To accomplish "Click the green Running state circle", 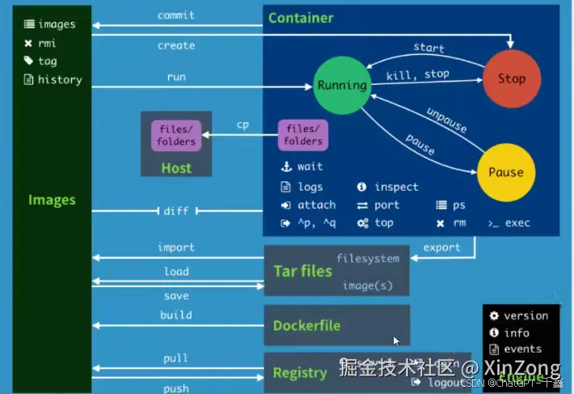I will [x=341, y=85].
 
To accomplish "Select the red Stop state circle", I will [x=511, y=78].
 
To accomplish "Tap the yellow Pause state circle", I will [x=505, y=172].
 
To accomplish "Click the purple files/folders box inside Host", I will [x=175, y=135].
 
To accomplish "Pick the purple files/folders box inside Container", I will [x=303, y=135].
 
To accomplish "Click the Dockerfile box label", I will [x=306, y=326].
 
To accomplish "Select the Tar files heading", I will [x=302, y=270].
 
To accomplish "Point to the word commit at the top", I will [x=176, y=15].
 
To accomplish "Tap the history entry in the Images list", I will [x=59, y=79].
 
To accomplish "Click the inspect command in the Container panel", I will [x=396, y=187].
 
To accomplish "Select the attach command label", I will [x=316, y=205].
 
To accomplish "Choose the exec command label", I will [x=517, y=223].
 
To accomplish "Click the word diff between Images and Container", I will [x=175, y=211].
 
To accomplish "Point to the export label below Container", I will [x=441, y=248].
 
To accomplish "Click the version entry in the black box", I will [x=525, y=316].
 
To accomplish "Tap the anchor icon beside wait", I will [x=285, y=167].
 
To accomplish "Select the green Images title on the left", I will [x=52, y=200].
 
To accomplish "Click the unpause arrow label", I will [x=445, y=121].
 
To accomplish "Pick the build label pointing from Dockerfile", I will [x=175, y=315].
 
